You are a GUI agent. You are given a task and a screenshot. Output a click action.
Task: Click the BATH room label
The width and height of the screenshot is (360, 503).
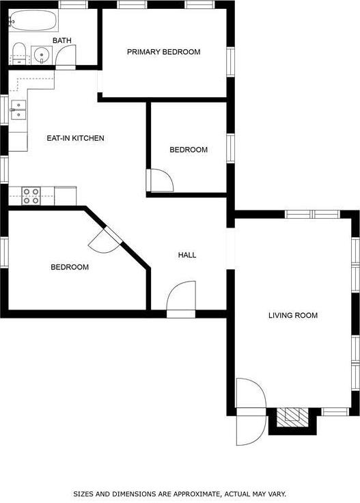61,41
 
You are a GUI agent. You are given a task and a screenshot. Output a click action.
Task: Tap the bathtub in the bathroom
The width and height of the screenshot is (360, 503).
33,21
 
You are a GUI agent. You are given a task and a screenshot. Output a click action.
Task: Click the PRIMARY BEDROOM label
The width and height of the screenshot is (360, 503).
164,52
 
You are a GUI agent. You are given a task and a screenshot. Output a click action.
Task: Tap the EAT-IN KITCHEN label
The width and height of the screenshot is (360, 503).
75,138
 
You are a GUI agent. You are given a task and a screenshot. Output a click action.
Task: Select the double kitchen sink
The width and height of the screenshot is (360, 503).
18,109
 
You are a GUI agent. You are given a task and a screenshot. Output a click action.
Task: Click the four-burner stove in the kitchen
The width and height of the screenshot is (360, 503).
31,195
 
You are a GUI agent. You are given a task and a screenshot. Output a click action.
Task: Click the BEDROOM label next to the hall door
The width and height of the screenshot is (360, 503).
189,150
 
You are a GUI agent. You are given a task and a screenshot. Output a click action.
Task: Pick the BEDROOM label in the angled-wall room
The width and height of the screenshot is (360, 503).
70,267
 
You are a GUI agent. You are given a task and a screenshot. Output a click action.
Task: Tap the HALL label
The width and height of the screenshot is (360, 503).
187,255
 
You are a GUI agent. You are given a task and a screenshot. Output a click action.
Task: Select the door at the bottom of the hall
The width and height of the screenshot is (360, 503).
180,301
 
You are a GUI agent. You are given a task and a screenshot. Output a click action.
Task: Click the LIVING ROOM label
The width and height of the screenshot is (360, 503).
293,316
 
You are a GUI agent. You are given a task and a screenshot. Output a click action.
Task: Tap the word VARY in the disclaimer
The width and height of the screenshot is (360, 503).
276,493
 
